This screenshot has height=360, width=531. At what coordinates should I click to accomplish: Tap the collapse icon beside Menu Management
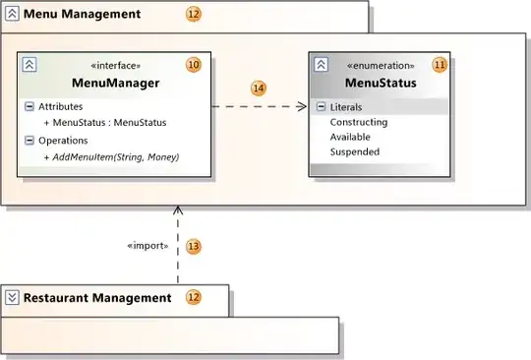click(12, 15)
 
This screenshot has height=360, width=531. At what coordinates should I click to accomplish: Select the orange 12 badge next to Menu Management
click(194, 15)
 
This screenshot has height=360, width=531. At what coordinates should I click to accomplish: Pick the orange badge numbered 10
click(194, 65)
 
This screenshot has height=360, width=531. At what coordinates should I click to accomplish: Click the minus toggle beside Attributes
click(29, 105)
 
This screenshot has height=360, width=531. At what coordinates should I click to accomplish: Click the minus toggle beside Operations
click(29, 140)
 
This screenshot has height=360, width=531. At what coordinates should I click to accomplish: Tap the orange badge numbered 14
click(259, 89)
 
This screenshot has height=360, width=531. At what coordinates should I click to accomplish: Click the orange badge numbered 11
click(440, 65)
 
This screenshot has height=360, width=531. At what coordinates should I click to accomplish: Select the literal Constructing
click(359, 122)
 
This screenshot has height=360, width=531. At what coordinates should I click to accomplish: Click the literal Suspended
click(355, 151)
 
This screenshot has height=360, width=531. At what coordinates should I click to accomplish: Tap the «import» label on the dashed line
click(148, 246)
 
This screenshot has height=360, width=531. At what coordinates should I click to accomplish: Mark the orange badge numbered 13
click(194, 247)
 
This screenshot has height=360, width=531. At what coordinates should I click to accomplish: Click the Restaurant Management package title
click(97, 297)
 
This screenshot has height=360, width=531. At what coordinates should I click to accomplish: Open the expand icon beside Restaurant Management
click(12, 297)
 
